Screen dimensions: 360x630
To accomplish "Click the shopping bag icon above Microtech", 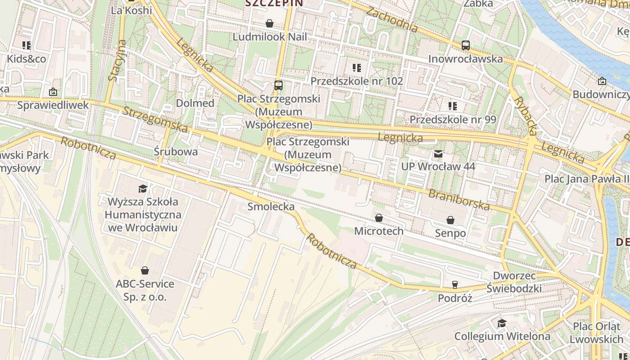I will [x=379, y=218].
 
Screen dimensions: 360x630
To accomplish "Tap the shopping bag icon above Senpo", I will [x=450, y=220].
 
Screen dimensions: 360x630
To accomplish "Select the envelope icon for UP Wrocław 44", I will [x=438, y=154].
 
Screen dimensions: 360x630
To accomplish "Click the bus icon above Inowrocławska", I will [x=465, y=45].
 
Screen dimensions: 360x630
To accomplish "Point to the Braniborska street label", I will [x=459, y=200].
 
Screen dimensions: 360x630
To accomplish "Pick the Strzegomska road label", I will [x=155, y=120].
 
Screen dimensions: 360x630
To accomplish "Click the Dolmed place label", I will [x=195, y=103].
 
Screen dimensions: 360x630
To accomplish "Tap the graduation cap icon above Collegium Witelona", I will [x=502, y=324].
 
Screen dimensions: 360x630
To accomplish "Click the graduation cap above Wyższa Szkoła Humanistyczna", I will [x=143, y=189].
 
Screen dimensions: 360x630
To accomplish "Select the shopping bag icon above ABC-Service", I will [x=145, y=270].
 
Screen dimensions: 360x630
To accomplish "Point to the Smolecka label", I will [x=271, y=207].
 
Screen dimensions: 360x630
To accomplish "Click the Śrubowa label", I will [x=175, y=152].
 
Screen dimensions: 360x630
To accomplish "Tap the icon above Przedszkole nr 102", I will [x=356, y=68].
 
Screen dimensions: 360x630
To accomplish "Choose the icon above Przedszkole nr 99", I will [x=452, y=106].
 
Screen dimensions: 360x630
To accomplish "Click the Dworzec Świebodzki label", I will [x=514, y=282].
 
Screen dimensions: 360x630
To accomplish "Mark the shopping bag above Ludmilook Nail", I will [x=270, y=23].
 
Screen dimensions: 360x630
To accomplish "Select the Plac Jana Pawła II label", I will [x=587, y=179].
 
